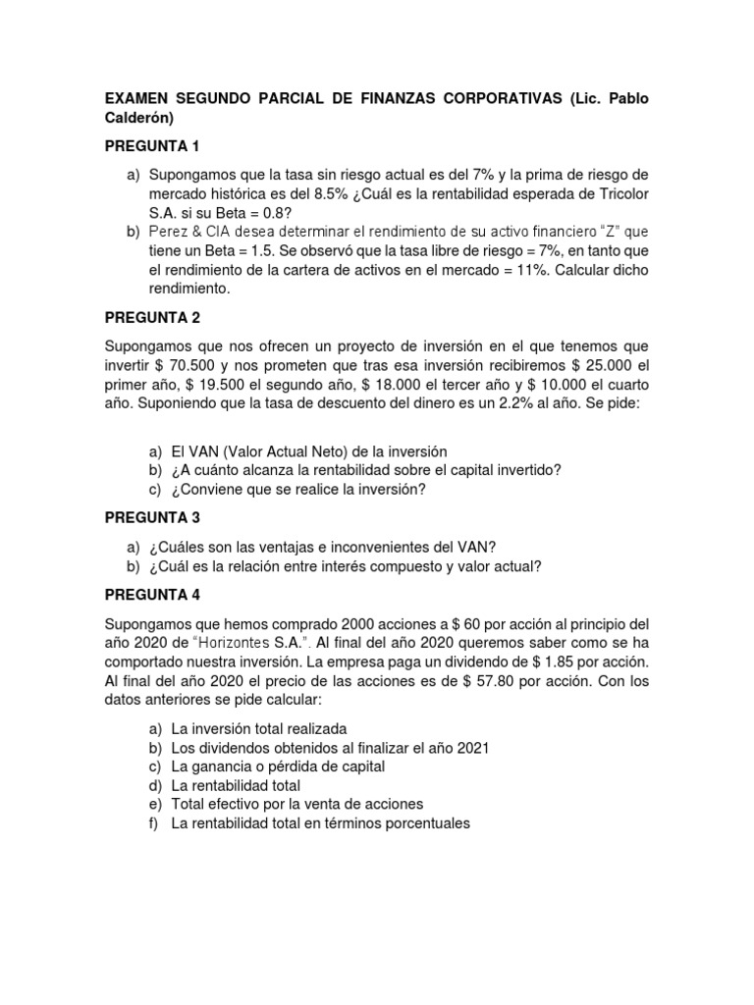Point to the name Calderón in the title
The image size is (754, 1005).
tap(141, 119)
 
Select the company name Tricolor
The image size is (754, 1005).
tap(617, 192)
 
